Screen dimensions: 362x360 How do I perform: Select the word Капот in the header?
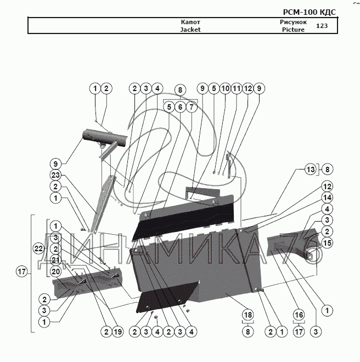click(x=190, y=22)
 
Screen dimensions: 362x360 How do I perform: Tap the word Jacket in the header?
click(x=190, y=30)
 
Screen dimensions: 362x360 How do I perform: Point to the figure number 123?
click(x=322, y=26)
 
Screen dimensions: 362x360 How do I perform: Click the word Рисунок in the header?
click(x=293, y=22)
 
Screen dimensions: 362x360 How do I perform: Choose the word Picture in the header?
click(x=293, y=30)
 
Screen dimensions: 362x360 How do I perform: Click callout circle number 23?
click(x=55, y=176)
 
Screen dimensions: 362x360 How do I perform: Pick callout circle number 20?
click(x=55, y=271)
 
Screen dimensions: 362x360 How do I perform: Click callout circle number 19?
click(x=117, y=331)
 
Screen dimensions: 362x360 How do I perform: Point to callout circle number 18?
click(x=248, y=315)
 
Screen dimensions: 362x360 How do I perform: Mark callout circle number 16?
click(x=299, y=315)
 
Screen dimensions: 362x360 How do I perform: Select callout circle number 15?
click(x=327, y=242)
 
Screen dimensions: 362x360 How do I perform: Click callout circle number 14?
click(x=327, y=197)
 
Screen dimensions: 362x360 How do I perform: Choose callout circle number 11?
click(x=237, y=88)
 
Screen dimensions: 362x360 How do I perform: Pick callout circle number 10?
click(x=225, y=88)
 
